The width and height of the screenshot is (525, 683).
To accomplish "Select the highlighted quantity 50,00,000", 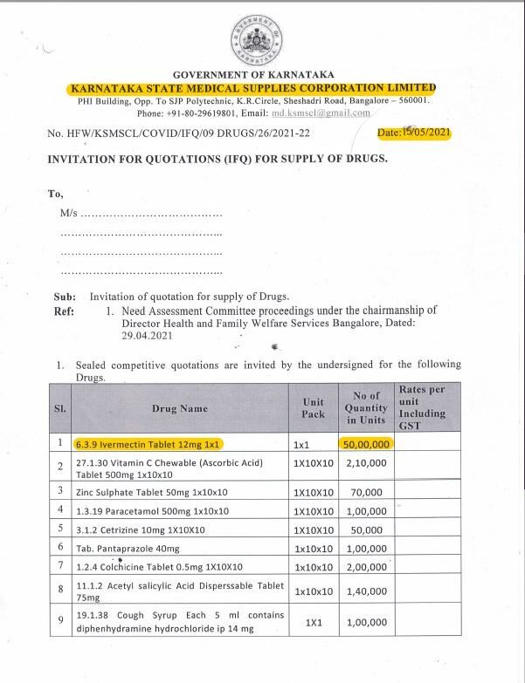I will pos(365,443).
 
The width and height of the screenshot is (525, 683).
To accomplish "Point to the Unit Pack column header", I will pos(313,407).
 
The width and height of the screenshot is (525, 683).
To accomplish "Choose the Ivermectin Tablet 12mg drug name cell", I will pos(149,443).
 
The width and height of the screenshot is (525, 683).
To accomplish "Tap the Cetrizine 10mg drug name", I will pos(141,529).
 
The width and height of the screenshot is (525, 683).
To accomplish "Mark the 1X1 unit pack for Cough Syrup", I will pos(313,622).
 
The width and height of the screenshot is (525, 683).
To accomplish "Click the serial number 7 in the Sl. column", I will pos(60,566).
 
